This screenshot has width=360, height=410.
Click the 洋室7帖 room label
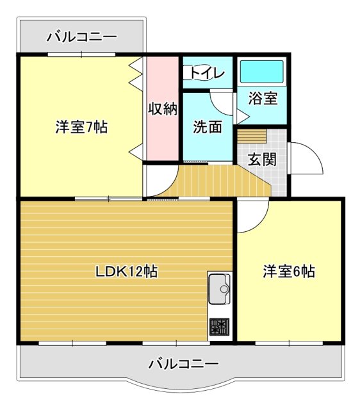[81, 127]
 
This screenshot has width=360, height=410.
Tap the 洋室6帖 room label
[288, 271]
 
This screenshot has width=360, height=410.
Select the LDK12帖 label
[127, 271]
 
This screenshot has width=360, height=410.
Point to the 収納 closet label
[163, 109]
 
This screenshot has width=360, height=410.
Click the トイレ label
[208, 73]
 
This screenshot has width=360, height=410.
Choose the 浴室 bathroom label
[263, 99]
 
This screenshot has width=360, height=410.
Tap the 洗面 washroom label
[208, 127]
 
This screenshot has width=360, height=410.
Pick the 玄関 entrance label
[262, 158]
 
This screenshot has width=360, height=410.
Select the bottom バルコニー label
[183, 363]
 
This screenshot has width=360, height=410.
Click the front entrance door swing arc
[305, 158]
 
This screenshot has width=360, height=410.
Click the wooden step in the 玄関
[252, 136]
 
